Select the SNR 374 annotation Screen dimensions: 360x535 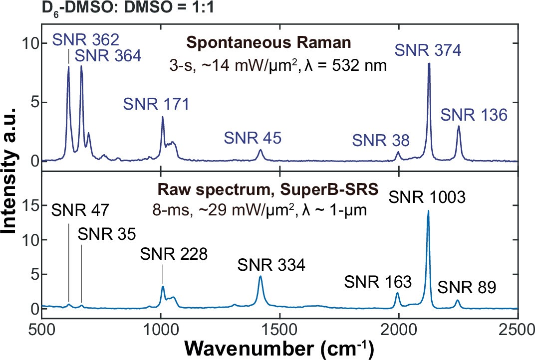(x=428, y=49)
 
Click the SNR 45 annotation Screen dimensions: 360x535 (x=253, y=137)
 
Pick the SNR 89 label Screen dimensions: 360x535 (x=467, y=287)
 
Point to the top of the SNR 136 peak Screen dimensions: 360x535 (x=459, y=126)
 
